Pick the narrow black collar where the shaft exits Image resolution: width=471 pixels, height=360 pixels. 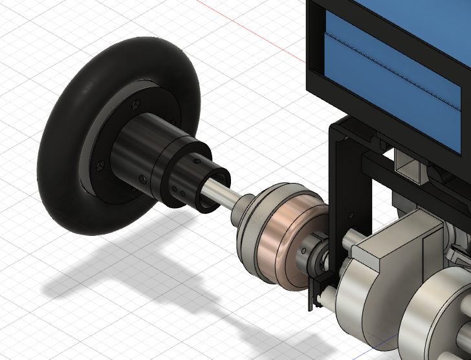(214, 191)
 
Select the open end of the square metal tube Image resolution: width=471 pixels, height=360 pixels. (409, 171)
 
